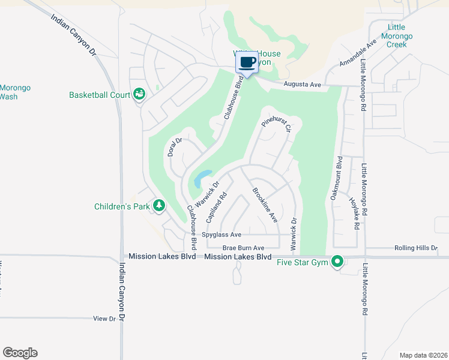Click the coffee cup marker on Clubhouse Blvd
pyautogui.click(x=248, y=62)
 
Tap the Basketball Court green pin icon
pyautogui.click(x=139, y=94)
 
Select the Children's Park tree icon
pyautogui.click(x=159, y=206)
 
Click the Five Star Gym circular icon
pyautogui.click(x=337, y=261)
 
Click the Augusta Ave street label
pyautogui.click(x=303, y=85)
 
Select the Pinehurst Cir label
pyautogui.click(x=276, y=124)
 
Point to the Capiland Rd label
pyautogui.click(x=217, y=208)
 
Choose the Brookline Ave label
pyautogui.click(x=264, y=205)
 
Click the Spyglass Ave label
pyautogui.click(x=222, y=235)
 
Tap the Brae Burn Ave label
pyautogui.click(x=243, y=248)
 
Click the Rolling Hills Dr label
pyautogui.click(x=417, y=248)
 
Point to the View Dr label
pyautogui.click(x=104, y=319)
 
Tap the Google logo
pyautogui.click(x=20, y=353)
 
